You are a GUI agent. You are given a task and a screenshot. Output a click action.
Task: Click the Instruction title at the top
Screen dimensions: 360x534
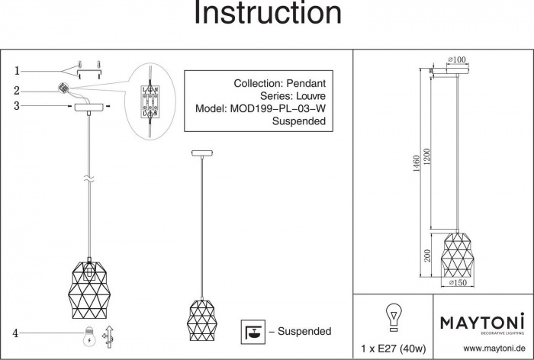pos(267,14)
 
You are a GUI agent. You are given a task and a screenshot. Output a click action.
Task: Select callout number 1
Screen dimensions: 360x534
pos(16,71)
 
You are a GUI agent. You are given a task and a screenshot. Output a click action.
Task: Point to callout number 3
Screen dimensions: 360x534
pos(16,106)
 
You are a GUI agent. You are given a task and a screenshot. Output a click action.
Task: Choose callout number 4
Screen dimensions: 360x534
pos(15,333)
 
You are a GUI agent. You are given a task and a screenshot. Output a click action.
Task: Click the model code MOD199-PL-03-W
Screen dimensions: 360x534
pos(278,108)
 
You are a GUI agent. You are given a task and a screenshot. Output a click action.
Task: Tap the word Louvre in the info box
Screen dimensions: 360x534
pos(304,95)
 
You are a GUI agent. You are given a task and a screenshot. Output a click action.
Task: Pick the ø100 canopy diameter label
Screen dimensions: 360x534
pos(457,59)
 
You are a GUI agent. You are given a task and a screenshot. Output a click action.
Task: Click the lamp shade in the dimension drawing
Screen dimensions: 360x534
pos(456,252)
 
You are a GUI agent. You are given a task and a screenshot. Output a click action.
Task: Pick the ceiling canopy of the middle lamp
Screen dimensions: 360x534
pos(202,153)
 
